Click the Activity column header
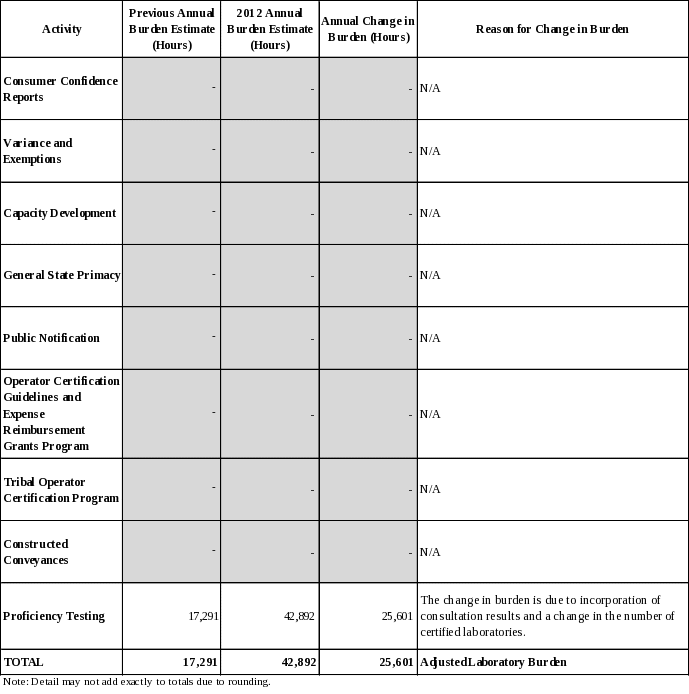click(62, 29)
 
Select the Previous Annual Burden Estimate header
click(172, 29)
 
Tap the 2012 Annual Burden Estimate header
click(270, 29)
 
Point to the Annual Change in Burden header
click(368, 29)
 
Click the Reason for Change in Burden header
click(552, 29)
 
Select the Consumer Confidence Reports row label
click(60, 89)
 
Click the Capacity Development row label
click(60, 213)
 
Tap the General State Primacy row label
click(62, 275)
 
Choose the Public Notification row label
click(52, 337)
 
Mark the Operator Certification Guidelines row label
click(61, 413)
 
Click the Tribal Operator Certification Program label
click(61, 489)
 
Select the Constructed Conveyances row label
click(36, 551)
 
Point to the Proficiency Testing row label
click(54, 616)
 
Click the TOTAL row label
click(24, 662)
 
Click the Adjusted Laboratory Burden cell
click(494, 662)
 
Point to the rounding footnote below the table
click(137, 682)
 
